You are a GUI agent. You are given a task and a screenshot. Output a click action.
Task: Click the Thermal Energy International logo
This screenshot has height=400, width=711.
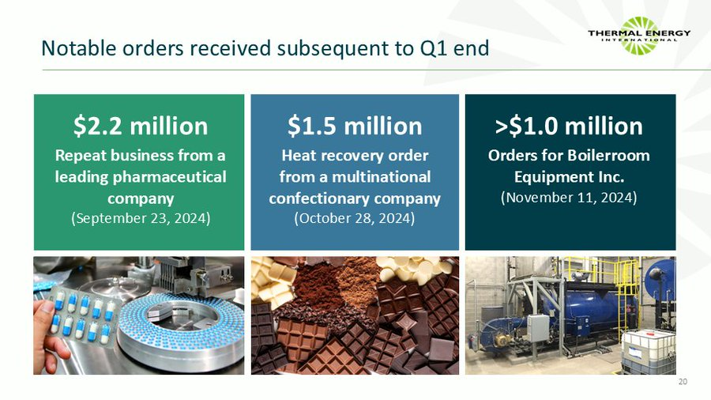click(x=639, y=36)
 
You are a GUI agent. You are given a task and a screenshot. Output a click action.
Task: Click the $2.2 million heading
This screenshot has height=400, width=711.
click(x=141, y=126)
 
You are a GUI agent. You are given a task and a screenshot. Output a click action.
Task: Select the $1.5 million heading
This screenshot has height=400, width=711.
click(x=355, y=126)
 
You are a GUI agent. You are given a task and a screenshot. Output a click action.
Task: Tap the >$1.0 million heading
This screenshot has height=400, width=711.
click(x=569, y=126)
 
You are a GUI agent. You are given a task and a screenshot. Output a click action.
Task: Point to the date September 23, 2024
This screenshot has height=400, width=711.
click(x=141, y=217)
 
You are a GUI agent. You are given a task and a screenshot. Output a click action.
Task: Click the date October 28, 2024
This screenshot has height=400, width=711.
click(x=355, y=217)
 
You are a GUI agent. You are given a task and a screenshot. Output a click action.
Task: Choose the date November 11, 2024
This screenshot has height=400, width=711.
click(x=569, y=197)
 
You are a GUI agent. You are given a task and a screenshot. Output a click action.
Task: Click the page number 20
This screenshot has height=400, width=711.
click(x=683, y=383)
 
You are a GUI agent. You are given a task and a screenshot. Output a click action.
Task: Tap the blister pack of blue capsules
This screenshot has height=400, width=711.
click(x=79, y=315)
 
